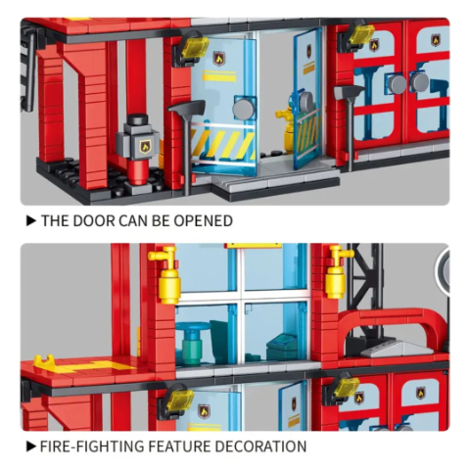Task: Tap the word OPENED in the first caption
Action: [203, 221]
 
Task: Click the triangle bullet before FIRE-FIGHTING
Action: [31, 446]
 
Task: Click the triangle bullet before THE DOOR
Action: [31, 221]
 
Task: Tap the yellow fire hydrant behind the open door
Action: [287, 125]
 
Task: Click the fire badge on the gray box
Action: [145, 146]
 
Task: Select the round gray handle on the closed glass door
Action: [244, 109]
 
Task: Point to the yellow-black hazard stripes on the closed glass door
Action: [223, 144]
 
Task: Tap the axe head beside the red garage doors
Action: [349, 92]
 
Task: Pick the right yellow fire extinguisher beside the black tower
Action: [338, 273]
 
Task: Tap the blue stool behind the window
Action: [192, 340]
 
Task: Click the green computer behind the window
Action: [281, 347]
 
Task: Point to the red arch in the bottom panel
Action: [392, 321]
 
